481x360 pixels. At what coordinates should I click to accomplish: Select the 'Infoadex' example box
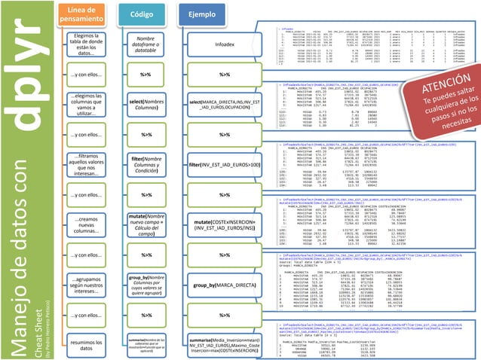coord(224,44)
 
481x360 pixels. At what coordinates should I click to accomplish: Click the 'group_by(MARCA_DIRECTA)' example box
coord(224,286)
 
